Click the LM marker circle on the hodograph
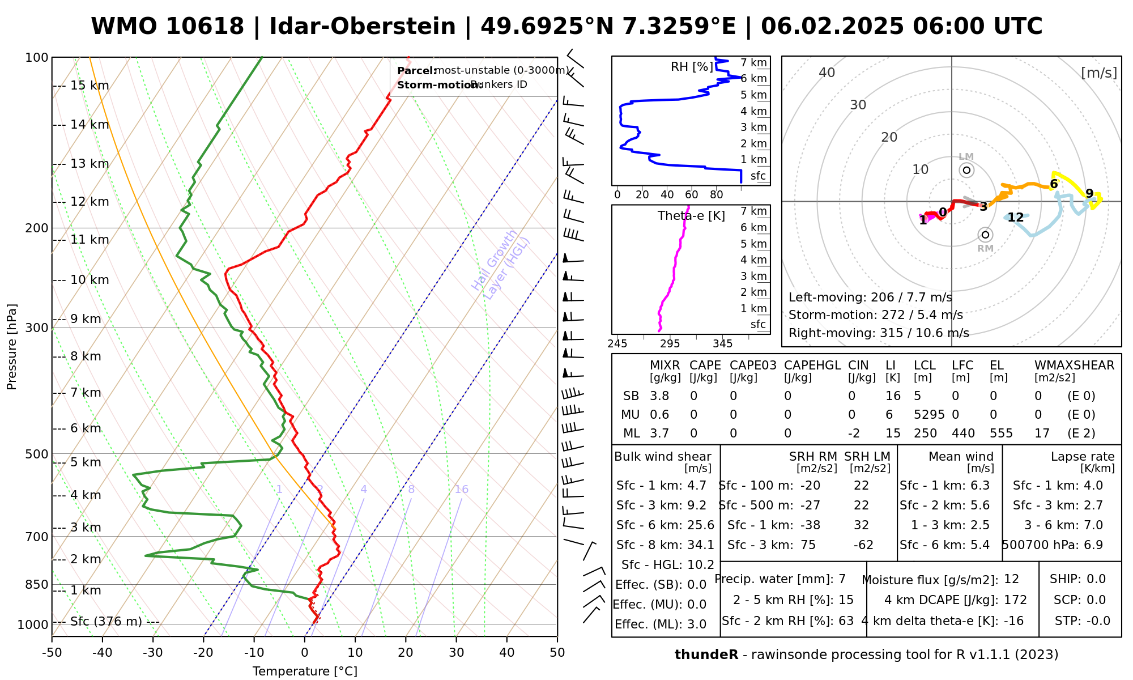point(966,170)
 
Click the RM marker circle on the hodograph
point(985,235)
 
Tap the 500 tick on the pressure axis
point(37,454)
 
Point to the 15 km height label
point(90,86)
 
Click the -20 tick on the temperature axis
point(203,653)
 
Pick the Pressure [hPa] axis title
point(11,347)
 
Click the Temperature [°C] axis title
point(305,671)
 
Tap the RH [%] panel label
point(692,67)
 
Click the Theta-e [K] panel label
point(691,216)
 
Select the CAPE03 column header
point(753,365)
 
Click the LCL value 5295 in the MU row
point(929,415)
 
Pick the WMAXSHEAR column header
point(1074,365)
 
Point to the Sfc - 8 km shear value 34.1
point(701,545)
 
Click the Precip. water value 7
point(842,579)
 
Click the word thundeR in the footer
point(706,655)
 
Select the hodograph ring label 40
point(827,73)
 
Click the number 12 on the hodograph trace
point(1016,218)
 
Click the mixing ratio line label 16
point(461,490)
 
